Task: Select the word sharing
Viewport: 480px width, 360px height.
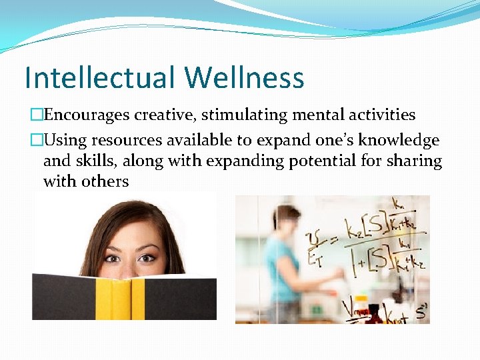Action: click(414, 161)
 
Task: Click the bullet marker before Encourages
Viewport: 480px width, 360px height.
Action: click(37, 115)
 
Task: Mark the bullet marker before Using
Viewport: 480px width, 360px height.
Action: click(37, 141)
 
